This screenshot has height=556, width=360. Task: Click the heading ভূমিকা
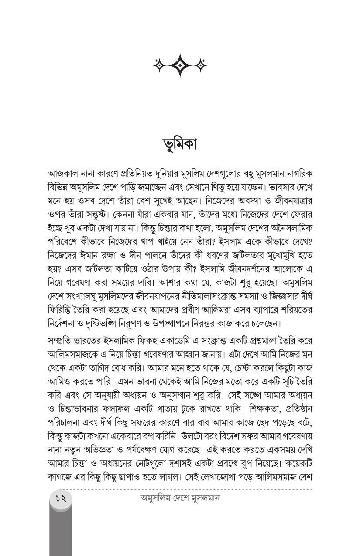point(179,143)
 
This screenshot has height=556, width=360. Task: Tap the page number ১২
point(61,498)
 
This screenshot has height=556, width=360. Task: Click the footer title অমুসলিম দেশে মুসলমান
point(180,498)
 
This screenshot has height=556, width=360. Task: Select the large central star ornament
point(180,65)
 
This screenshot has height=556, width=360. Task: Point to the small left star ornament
point(159,65)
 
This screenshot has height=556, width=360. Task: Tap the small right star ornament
point(201,65)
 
